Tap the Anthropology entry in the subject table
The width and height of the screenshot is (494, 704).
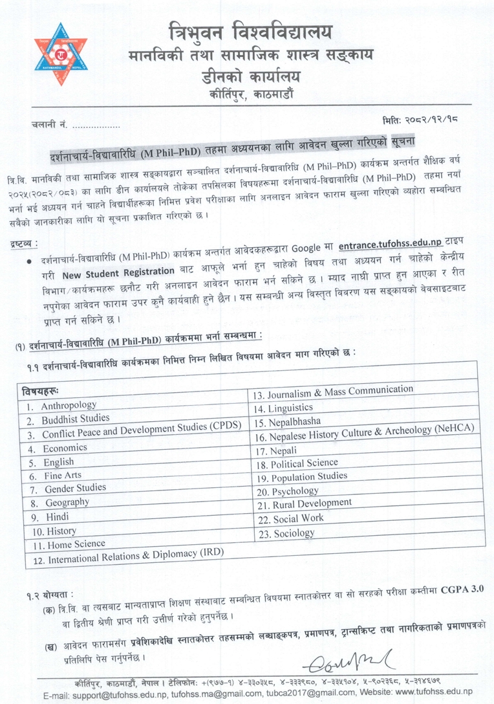[69, 406]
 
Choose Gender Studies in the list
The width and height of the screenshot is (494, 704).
[75, 489]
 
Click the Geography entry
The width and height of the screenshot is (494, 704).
[67, 503]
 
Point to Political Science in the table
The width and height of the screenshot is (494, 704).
[305, 463]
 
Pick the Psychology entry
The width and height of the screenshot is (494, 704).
[295, 491]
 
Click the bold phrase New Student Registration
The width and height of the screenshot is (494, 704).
[124, 272]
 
